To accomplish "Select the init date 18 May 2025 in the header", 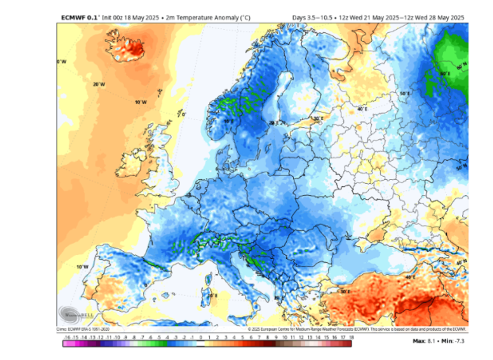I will click(132, 18).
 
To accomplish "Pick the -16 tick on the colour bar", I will click(67, 337).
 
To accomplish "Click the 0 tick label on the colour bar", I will click(201, 337).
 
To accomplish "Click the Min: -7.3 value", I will click(452, 341).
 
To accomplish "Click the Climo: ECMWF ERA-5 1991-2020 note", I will click(83, 329).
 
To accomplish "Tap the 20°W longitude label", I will click(99, 84).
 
